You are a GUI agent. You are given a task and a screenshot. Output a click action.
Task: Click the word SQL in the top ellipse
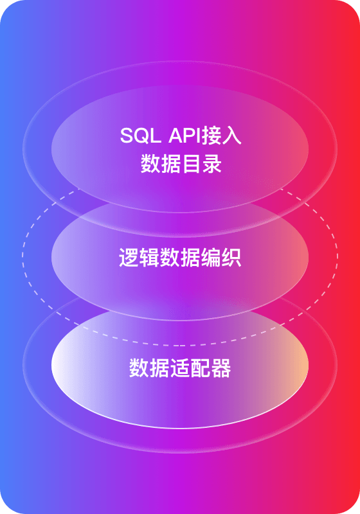point(140,136)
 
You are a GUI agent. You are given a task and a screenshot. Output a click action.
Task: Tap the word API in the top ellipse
point(185,136)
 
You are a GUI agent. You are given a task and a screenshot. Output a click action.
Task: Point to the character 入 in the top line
point(231,135)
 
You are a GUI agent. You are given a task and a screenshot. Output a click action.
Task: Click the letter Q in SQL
point(141,136)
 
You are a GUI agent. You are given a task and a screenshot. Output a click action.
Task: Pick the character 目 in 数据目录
point(191,164)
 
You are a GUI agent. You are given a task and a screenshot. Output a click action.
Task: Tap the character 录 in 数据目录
point(212,164)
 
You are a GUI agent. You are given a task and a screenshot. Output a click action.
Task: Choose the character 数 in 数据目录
point(150,164)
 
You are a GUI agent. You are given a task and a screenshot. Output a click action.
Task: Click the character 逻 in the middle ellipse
point(129,258)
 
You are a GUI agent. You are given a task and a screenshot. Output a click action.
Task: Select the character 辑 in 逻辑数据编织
point(149,258)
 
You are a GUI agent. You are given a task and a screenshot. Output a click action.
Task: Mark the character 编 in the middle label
point(210,258)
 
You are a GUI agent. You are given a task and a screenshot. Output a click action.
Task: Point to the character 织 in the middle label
point(231,258)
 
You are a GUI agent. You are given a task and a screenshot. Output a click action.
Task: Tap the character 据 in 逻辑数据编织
point(190,258)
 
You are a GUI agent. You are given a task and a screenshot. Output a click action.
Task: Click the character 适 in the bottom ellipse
point(180,368)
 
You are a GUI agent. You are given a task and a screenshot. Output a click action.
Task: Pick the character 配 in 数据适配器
point(201,368)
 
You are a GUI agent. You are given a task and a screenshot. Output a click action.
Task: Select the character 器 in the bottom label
point(221,368)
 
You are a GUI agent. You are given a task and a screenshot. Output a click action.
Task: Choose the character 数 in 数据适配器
point(139,368)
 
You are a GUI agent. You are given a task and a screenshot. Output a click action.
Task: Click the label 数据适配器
point(180,368)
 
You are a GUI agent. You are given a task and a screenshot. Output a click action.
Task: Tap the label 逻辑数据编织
point(180,258)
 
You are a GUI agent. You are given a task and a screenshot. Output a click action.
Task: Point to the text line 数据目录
point(181,164)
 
